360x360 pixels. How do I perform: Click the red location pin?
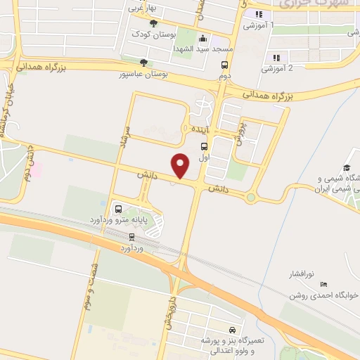tap(181, 165)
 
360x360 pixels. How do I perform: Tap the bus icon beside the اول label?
tap(204, 147)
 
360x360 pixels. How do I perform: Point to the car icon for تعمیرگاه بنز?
tap(232, 329)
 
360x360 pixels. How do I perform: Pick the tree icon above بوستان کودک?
tap(154, 23)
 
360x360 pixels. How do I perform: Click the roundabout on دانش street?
tap(251, 198)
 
